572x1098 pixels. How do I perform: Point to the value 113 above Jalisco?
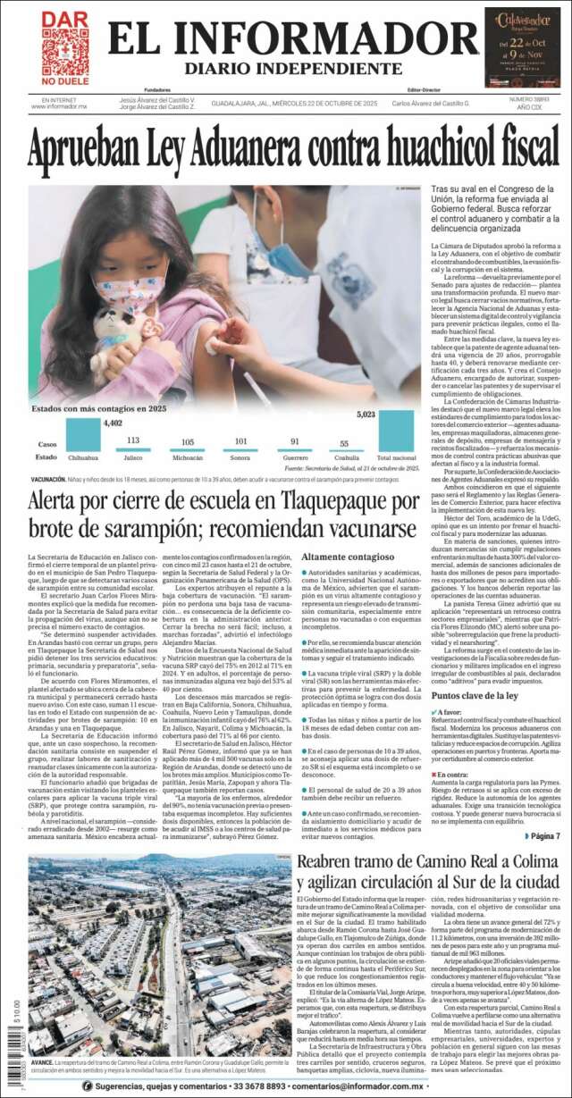tap(133, 440)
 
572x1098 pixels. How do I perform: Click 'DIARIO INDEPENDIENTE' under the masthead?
tap(282, 69)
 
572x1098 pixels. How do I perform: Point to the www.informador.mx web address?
tap(59, 106)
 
